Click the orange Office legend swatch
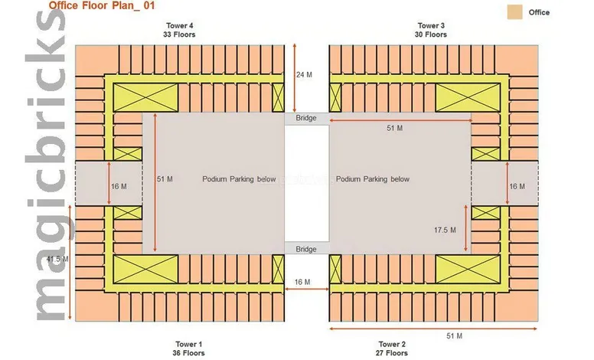(514, 12)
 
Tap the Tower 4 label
(179, 25)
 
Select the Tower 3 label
(432, 25)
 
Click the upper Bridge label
(306, 118)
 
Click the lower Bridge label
(306, 249)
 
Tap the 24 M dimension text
(304, 74)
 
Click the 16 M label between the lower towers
(302, 282)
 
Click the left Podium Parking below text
(239, 179)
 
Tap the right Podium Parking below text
(373, 179)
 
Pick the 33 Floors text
(179, 34)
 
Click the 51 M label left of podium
(164, 179)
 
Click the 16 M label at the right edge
(517, 186)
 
